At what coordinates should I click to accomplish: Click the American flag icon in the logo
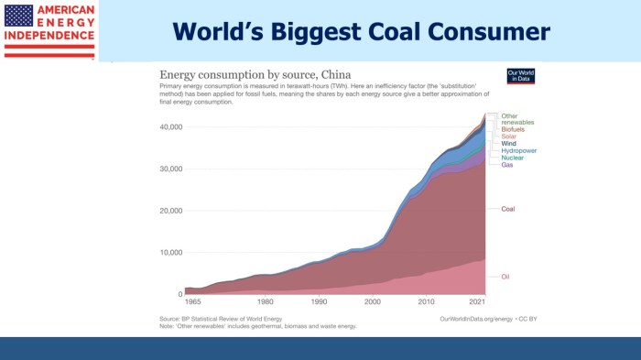click(19, 15)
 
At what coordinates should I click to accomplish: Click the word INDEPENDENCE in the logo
click(49, 38)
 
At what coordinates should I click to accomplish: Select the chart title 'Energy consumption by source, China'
click(255, 72)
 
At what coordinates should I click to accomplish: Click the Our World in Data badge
click(520, 77)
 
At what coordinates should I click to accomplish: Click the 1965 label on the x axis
click(194, 301)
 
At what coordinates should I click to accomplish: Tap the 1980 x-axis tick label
click(265, 301)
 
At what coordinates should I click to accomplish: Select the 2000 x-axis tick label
click(372, 301)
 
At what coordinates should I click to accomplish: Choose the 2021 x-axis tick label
click(478, 301)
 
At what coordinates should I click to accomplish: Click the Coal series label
click(508, 209)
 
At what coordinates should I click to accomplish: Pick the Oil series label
click(505, 276)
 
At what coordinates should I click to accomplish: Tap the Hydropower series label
click(519, 150)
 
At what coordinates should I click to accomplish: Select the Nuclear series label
click(513, 158)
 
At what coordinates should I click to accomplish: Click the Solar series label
click(510, 136)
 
